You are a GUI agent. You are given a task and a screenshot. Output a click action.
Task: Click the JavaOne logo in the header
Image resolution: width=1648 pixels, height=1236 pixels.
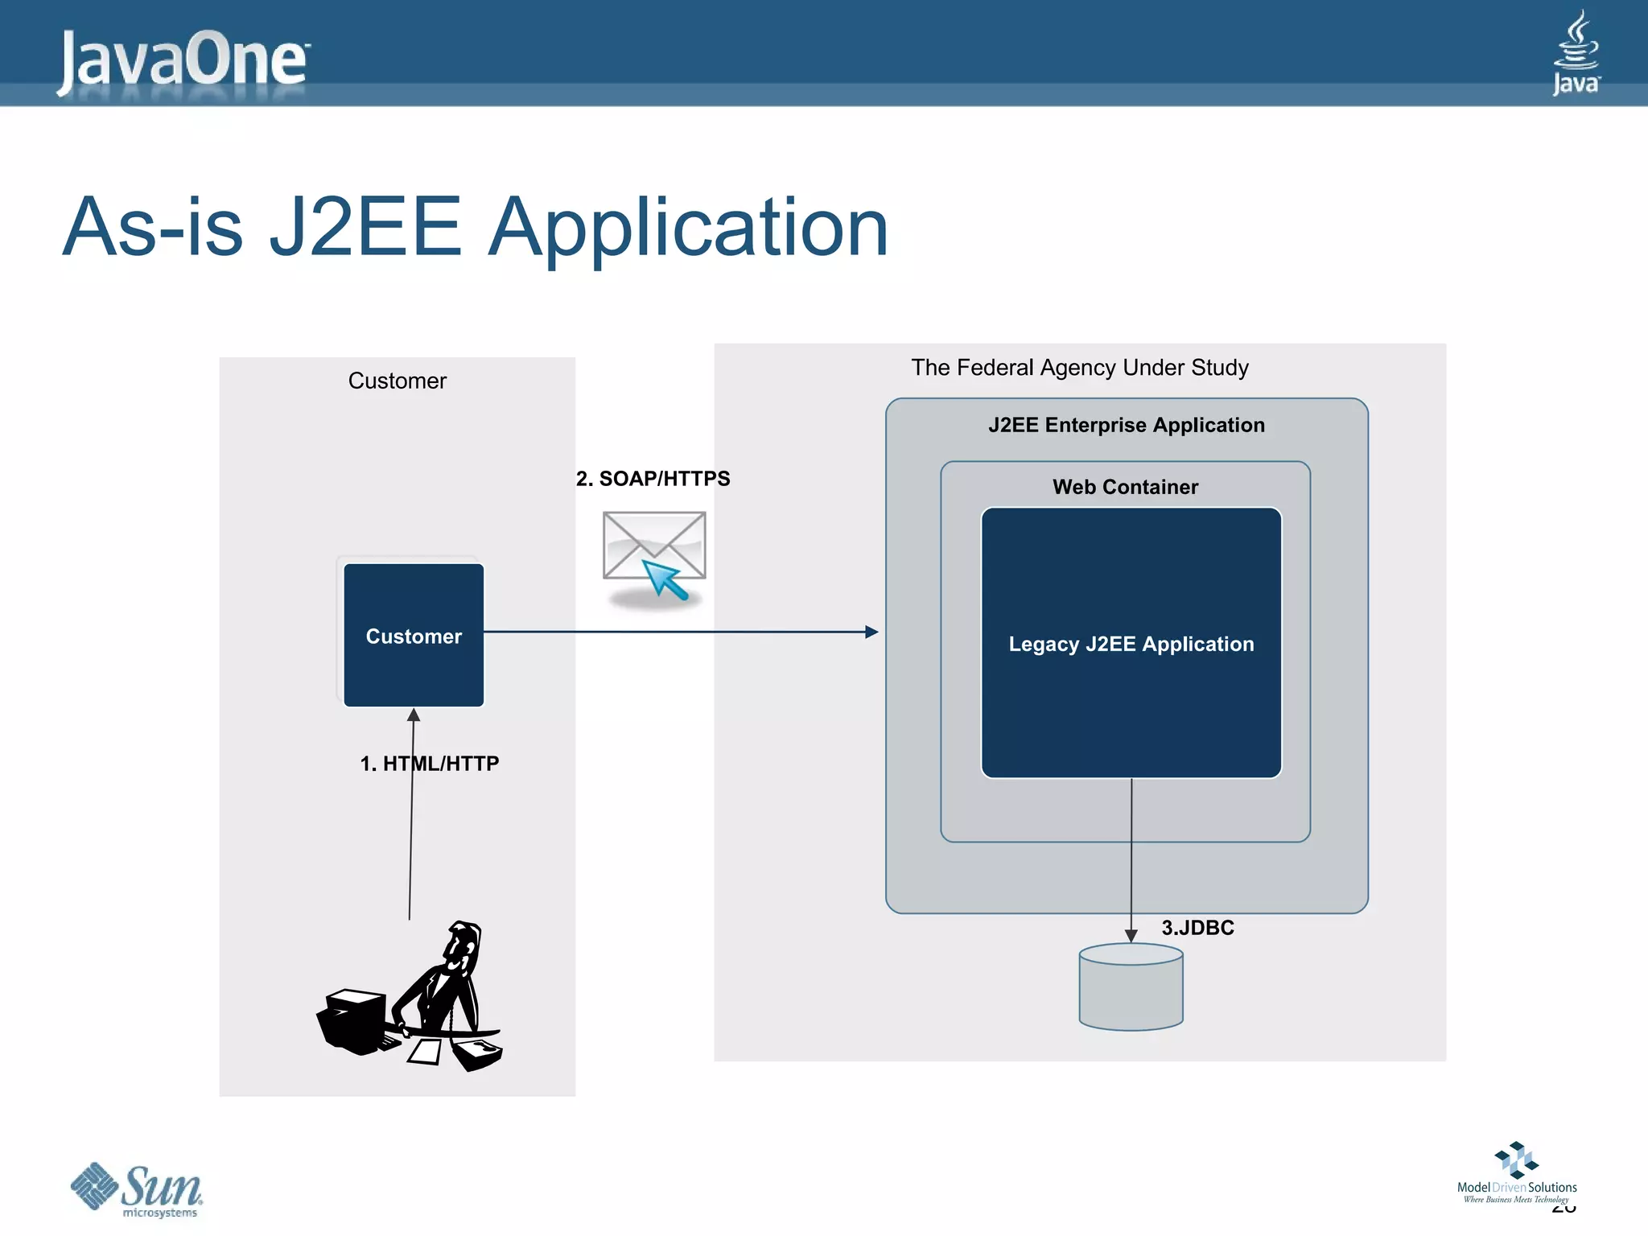click(183, 60)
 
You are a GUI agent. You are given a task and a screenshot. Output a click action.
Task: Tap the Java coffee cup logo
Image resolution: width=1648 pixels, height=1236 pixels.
click(1576, 52)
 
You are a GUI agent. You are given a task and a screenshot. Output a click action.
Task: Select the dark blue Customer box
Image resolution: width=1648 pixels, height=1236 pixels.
click(414, 636)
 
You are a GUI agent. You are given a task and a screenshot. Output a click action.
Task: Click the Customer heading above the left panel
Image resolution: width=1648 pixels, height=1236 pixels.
click(397, 381)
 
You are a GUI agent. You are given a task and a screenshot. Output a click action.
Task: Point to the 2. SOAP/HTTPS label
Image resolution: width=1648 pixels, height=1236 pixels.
click(653, 479)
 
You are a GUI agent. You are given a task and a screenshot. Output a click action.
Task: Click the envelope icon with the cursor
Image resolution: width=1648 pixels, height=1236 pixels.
click(654, 555)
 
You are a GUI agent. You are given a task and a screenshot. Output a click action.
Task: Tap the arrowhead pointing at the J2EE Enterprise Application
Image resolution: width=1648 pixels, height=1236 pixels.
click(871, 632)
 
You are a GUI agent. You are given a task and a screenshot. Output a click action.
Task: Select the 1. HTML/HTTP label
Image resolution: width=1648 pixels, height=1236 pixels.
click(429, 764)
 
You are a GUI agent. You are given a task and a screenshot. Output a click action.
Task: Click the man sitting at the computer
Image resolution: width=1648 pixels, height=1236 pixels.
click(414, 998)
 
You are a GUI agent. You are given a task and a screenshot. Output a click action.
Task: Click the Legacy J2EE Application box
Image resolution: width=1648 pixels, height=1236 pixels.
click(1131, 644)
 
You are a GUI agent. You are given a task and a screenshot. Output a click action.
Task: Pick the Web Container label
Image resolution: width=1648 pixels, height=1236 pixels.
click(1125, 487)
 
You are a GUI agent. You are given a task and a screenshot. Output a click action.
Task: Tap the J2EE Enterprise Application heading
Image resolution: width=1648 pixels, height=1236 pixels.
click(1126, 425)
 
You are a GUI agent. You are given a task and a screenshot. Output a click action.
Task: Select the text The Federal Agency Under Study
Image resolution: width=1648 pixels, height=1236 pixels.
click(1079, 368)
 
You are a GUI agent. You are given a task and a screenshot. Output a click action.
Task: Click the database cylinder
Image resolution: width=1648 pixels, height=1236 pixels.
click(1131, 987)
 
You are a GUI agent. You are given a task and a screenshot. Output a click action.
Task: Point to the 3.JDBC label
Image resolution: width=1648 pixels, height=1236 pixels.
click(1197, 928)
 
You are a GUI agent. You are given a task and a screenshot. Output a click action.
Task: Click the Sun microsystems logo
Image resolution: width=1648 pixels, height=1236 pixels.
click(137, 1189)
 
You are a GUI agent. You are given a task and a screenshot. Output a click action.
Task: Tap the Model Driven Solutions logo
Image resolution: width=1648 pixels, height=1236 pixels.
click(1516, 1174)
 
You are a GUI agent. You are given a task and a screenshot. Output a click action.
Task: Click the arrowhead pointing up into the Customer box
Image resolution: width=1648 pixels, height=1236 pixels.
click(414, 715)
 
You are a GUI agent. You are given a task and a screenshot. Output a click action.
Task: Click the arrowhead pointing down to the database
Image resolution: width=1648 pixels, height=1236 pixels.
click(1131, 936)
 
